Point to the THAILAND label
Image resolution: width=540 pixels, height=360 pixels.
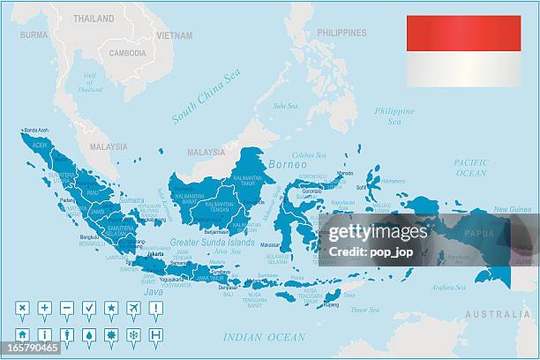pyautogui.click(x=94, y=18)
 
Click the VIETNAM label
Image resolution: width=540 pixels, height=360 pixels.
pyautogui.click(x=174, y=35)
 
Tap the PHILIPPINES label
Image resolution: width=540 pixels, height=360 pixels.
pyautogui.click(x=341, y=33)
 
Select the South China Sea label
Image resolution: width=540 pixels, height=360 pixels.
pyautogui.click(x=206, y=96)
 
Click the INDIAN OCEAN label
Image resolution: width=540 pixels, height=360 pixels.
pyautogui.click(x=264, y=336)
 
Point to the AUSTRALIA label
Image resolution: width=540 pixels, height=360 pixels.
pyautogui.click(x=498, y=313)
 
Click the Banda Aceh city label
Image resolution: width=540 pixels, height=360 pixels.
pyautogui.click(x=36, y=129)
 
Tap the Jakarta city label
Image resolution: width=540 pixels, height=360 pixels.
pyautogui.click(x=155, y=253)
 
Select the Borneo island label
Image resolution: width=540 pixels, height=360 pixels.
pyautogui.click(x=288, y=164)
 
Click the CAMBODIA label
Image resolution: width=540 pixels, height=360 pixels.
pyautogui.click(x=128, y=52)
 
